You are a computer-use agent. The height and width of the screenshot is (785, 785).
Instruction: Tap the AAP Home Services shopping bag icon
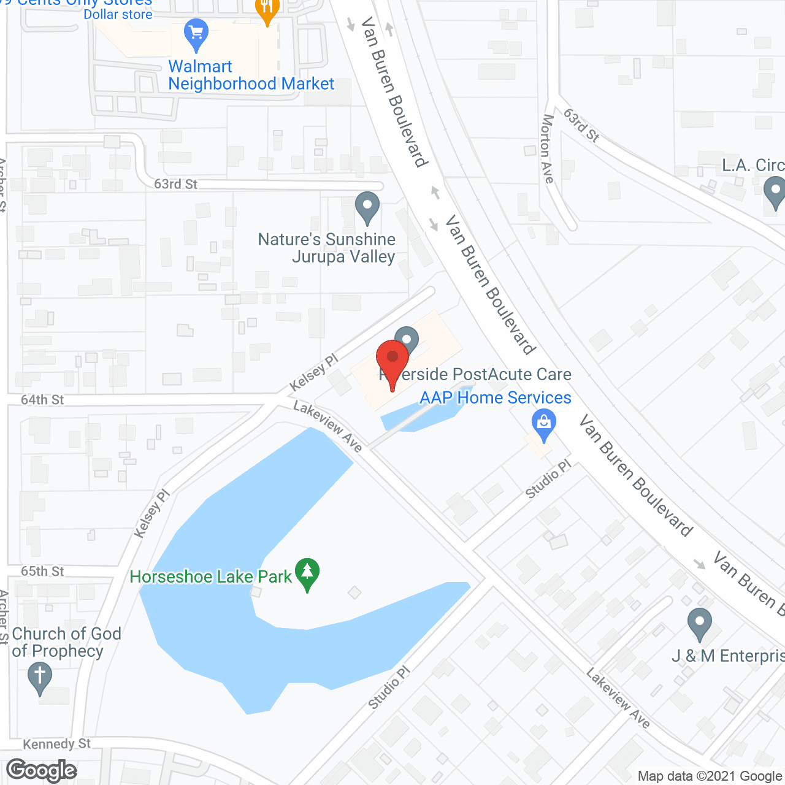(543, 424)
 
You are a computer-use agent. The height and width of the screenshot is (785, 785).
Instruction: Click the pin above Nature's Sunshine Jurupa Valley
(367, 207)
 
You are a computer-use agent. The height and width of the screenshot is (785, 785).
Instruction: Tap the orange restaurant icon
(267, 9)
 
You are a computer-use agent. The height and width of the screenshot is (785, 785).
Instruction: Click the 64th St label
(42, 400)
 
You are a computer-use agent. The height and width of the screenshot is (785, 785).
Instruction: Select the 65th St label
(42, 572)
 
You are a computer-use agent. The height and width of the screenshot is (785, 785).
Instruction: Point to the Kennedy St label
(56, 744)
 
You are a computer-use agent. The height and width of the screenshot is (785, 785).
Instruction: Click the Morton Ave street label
(547, 149)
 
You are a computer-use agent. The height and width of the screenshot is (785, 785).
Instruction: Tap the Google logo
(41, 770)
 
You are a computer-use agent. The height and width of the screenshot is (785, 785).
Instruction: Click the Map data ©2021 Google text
(710, 776)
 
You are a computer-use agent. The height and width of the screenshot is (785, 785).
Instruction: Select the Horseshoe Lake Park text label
(210, 576)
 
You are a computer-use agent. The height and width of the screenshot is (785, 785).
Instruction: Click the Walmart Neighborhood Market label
(251, 75)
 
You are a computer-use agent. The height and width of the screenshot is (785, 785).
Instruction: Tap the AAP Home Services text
(495, 397)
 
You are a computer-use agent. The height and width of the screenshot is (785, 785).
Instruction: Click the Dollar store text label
(118, 14)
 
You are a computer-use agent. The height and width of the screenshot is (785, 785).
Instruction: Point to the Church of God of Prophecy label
(66, 642)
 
